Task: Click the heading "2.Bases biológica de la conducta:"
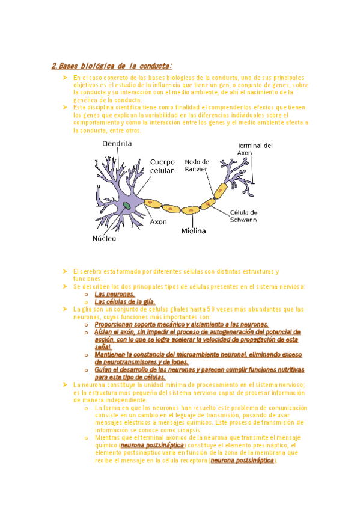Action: [x=112, y=66]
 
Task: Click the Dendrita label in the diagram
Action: [x=117, y=144]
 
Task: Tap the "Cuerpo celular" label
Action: [x=162, y=166]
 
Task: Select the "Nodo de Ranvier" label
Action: [x=197, y=165]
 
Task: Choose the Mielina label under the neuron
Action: [x=194, y=230]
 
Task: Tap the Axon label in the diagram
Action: [x=158, y=221]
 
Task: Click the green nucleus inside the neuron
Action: [x=127, y=206]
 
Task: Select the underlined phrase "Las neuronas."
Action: [x=114, y=294]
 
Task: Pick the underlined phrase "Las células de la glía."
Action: [x=125, y=301]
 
